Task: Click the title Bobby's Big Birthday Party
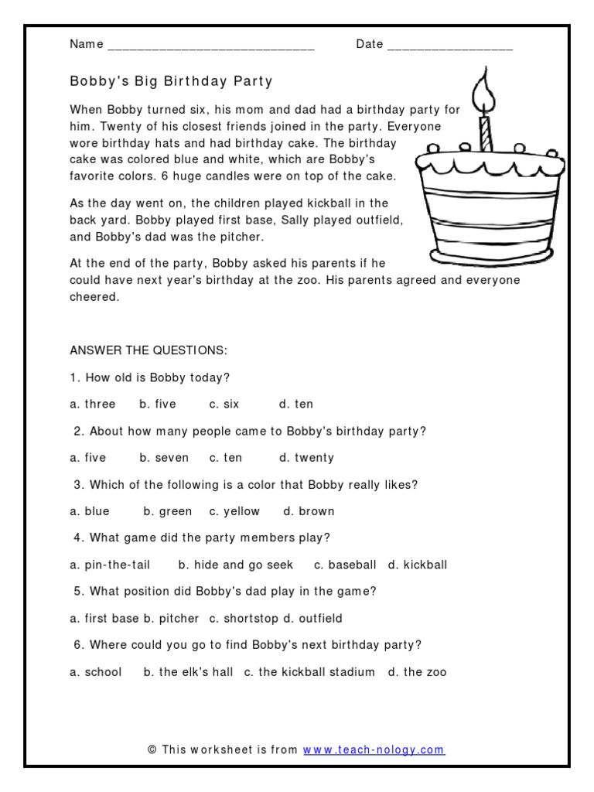tap(171, 81)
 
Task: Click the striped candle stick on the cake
tap(486, 133)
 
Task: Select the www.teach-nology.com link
tap(374, 749)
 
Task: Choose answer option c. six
tap(224, 405)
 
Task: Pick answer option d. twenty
tap(307, 458)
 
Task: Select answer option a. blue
tap(90, 511)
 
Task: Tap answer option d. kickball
tap(418, 565)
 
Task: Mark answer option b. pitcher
tap(170, 619)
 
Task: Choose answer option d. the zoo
tap(418, 672)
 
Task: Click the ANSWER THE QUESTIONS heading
tap(148, 351)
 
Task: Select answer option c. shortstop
tap(243, 619)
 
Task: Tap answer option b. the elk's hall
tap(188, 672)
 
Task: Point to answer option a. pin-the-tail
tap(110, 565)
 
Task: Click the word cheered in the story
tap(94, 297)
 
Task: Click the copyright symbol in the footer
tap(152, 749)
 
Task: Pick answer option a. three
tap(92, 405)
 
